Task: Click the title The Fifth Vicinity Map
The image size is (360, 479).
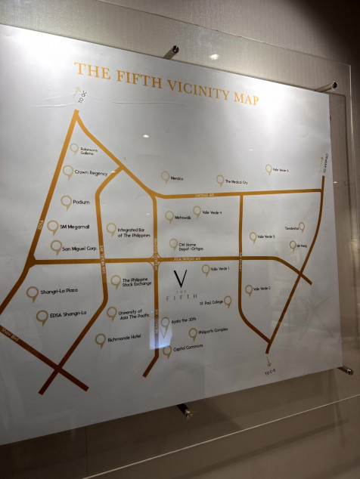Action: pyautogui.click(x=166, y=84)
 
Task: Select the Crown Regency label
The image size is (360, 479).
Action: pyautogui.click(x=91, y=173)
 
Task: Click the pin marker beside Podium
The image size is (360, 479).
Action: pyautogui.click(x=67, y=202)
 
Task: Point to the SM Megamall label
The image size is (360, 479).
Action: pyautogui.click(x=75, y=227)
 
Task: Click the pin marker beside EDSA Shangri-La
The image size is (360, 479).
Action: pyautogui.click(x=42, y=317)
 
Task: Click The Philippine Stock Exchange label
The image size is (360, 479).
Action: pyautogui.click(x=136, y=283)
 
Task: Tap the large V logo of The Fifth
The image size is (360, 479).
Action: pyautogui.click(x=180, y=279)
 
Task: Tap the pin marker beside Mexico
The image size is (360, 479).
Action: pyautogui.click(x=165, y=176)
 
